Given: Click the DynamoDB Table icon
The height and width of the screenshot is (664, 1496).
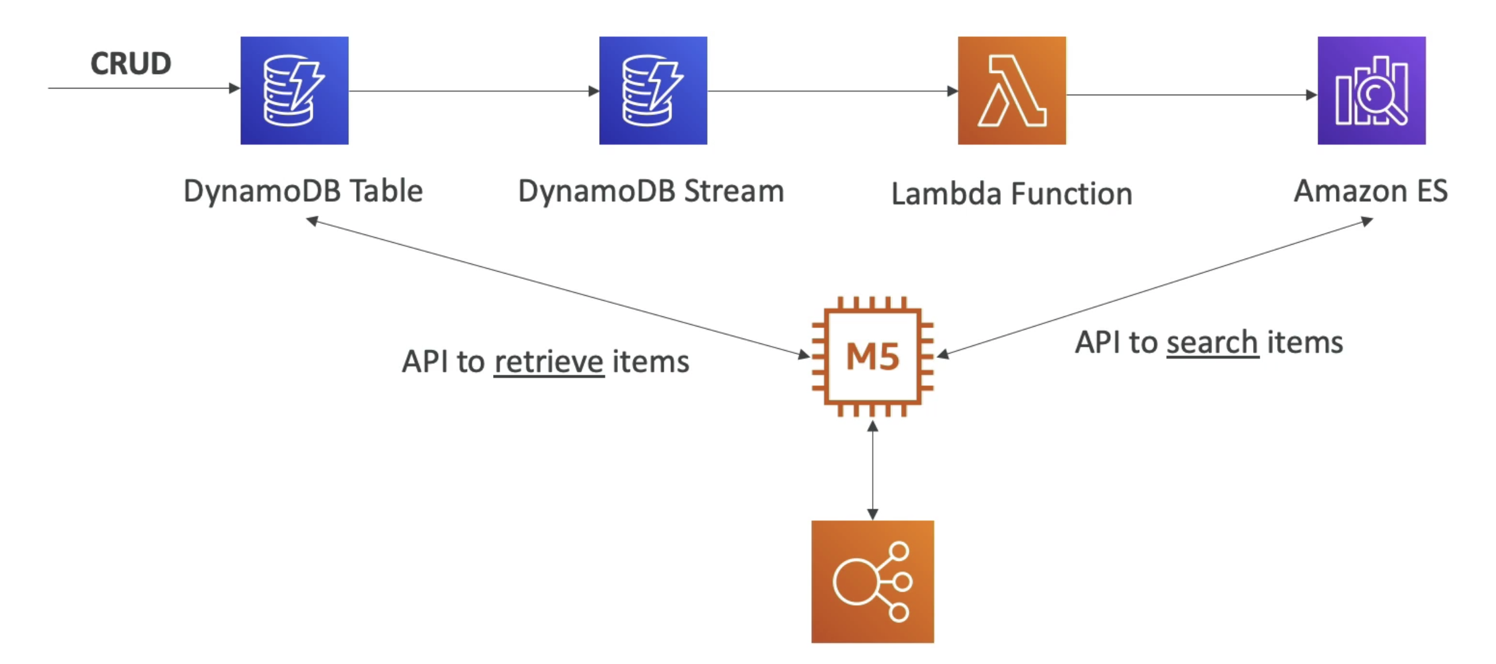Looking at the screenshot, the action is [294, 90].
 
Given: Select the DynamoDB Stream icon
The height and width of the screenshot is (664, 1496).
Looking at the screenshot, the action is [653, 90].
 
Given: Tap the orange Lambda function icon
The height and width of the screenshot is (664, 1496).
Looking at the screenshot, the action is [1012, 90].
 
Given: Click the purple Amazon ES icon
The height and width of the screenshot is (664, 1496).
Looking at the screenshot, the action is [1371, 90].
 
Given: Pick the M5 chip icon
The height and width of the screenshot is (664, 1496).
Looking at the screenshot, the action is [873, 356].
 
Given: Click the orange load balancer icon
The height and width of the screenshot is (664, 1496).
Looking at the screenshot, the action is [873, 581].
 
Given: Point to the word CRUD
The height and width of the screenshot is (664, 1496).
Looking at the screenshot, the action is [131, 63].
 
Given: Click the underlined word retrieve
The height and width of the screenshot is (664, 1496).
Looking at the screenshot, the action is [548, 362].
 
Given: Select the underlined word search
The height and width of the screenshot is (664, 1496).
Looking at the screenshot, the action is [1212, 343].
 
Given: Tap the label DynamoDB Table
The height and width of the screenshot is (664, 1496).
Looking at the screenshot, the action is [303, 192].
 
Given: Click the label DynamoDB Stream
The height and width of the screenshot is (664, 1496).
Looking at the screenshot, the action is [651, 192].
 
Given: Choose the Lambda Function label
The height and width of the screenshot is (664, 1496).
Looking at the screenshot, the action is [1012, 194].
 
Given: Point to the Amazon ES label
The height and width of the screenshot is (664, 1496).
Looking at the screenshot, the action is [1371, 191].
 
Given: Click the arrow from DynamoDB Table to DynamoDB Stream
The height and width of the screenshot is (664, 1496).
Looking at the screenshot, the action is [474, 91].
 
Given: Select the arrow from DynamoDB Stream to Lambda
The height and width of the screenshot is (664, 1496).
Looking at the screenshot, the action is [832, 91].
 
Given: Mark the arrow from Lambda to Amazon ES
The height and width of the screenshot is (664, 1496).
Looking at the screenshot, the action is [1192, 95].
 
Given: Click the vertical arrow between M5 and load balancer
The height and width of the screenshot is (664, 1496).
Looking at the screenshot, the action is [873, 470].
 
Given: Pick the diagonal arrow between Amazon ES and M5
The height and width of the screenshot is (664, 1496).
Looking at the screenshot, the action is [1155, 288].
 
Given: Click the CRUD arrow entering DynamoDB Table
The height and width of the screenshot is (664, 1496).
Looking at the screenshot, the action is [144, 88].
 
